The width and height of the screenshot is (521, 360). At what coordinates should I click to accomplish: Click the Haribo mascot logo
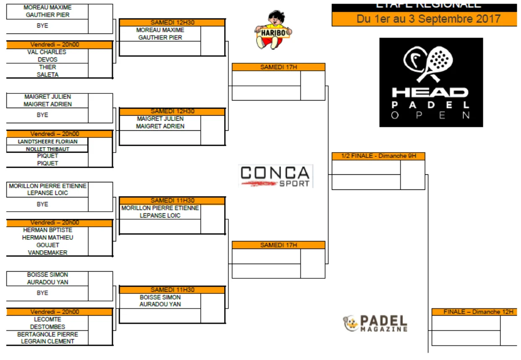273,30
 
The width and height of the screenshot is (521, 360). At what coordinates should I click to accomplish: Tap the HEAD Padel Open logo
431,82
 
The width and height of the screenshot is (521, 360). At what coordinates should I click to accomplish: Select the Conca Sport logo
276,176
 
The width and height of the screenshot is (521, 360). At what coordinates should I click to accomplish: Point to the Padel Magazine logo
375,323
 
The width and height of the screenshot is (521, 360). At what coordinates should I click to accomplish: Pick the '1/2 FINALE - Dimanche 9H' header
378,156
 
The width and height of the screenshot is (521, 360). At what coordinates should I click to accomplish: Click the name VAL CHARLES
47,52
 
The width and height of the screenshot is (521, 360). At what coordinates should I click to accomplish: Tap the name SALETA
47,75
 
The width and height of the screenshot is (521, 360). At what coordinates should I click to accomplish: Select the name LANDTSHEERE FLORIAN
47,142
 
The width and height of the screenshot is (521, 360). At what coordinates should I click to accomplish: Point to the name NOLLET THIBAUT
47,149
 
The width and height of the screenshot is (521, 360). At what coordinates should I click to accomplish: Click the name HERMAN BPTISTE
47,230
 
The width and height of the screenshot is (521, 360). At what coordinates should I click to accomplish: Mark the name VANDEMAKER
47,252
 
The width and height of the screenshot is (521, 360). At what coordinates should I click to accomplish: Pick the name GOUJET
47,245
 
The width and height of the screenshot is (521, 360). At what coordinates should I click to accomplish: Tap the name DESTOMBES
47,326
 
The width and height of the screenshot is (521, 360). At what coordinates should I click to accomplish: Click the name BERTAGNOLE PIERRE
47,334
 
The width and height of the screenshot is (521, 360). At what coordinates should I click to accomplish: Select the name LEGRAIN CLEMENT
47,341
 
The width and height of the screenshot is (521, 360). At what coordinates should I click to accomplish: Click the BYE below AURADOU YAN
42,293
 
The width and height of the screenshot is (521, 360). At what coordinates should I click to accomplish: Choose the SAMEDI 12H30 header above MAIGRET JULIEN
172,111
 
